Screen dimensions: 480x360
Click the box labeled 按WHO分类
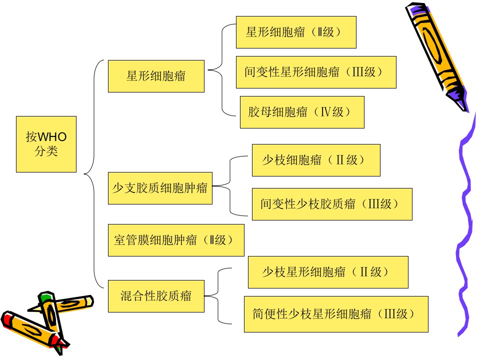coord(46,144)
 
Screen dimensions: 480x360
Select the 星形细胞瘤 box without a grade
coord(156,76)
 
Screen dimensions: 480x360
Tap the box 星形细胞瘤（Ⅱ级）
coord(296,32)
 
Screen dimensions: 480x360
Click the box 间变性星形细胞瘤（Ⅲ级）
coord(316,72)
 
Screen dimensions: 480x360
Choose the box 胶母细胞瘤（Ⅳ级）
coord(302,112)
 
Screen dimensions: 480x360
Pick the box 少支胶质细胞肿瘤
coord(160,188)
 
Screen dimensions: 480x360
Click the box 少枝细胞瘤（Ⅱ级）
coord(316,160)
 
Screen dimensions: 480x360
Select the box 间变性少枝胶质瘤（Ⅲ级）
coord(332,204)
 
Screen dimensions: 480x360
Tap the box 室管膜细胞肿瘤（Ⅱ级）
coord(176,240)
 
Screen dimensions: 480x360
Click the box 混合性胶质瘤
coord(156,296)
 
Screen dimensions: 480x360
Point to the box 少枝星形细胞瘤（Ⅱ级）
coord(328,272)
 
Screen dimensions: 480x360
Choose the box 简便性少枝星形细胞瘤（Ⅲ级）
coord(336,314)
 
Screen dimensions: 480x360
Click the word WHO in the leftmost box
coord(52,137)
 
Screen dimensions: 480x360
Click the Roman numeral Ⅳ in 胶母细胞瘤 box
coord(325,112)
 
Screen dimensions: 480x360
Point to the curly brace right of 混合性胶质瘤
coord(218,296)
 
